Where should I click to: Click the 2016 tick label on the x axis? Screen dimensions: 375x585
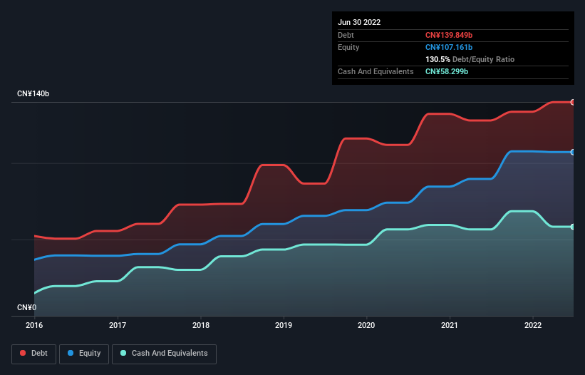point(34,325)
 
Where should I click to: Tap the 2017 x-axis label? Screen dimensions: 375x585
point(118,325)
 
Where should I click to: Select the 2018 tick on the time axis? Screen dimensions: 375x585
point(201,325)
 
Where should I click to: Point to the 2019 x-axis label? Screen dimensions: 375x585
point(284,325)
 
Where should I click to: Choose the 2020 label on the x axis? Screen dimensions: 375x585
point(367,325)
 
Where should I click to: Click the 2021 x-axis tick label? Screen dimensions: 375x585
point(450,325)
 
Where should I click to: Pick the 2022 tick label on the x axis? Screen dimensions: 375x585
point(533,325)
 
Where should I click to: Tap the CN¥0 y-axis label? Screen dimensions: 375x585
point(26,308)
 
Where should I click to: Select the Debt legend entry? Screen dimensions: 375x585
point(33,353)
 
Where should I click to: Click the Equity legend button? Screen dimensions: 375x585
point(84,353)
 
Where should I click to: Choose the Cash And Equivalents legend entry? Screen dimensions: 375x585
point(164,353)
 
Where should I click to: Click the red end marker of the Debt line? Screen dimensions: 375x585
point(573,102)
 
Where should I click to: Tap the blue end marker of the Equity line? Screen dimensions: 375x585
point(573,152)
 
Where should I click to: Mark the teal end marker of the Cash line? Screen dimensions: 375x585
point(573,227)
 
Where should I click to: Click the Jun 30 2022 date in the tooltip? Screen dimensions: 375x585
point(359,22)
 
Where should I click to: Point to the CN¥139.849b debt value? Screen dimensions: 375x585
point(450,35)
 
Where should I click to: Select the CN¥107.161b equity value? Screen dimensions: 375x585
point(450,47)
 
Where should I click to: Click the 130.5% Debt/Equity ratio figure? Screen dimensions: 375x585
point(439,59)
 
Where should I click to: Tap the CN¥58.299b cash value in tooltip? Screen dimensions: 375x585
point(447,71)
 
